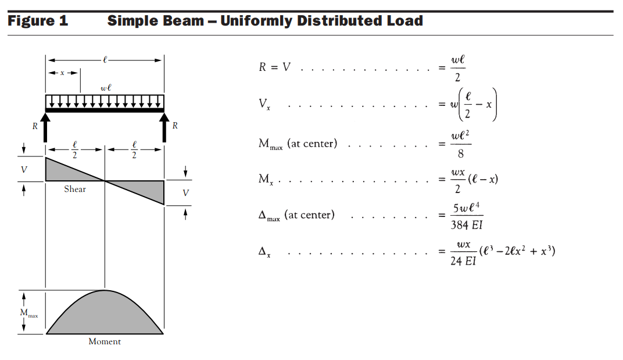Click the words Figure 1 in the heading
pos(38,22)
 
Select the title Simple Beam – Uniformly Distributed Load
pos(264,22)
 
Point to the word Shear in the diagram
pos(75,189)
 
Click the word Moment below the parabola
pos(105,341)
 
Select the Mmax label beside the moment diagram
pos(28,313)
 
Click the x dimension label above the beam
pos(62,73)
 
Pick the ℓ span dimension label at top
pos(105,59)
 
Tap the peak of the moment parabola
pos(105,290)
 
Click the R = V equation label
pos(275,67)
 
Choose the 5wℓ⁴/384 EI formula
pos(467,216)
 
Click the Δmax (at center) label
pos(296,215)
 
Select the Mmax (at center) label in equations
pos(298,144)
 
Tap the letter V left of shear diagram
pos(24,169)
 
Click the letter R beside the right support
pos(175,125)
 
